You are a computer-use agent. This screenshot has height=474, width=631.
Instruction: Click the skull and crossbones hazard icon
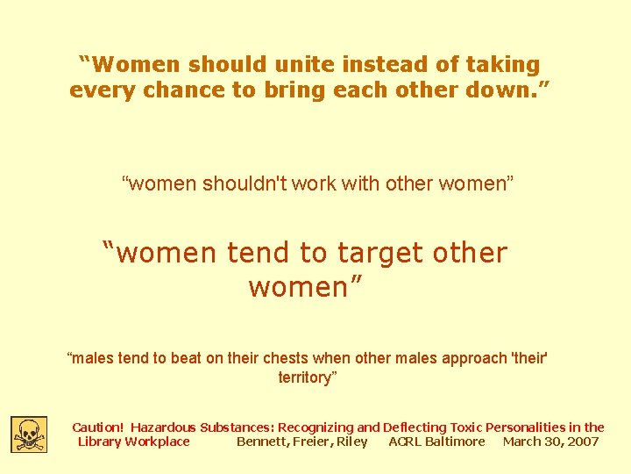pos(29,434)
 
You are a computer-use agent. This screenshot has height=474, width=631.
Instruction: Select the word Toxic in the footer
pos(462,427)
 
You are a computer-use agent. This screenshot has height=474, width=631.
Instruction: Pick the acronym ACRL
pos(405,442)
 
